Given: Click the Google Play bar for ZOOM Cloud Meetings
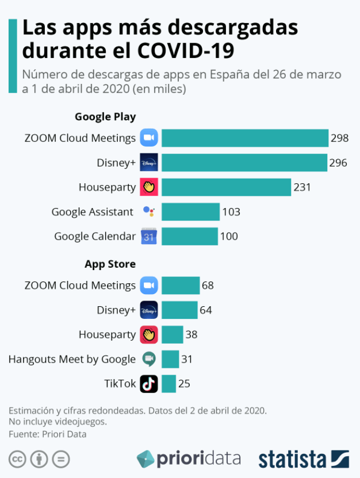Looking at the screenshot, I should (244, 138).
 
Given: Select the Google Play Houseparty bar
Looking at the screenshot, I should (226, 187).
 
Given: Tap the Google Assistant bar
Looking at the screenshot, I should (190, 212).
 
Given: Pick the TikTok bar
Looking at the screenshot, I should (168, 383).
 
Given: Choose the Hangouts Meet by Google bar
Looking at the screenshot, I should (170, 359).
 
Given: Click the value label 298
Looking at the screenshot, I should (339, 138).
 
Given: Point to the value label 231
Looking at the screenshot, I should (302, 187).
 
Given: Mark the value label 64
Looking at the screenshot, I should (206, 310).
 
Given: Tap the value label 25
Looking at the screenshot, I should (184, 383).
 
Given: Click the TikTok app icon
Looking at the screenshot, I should (149, 383).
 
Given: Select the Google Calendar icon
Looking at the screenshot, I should (149, 236).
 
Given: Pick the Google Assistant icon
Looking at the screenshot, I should (149, 212).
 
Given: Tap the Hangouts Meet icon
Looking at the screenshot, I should (149, 359).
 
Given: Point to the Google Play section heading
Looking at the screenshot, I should (105, 117).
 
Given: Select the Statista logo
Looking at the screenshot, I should (304, 459).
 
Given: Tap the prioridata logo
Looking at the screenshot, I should (189, 458).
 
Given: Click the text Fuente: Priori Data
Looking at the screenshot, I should (47, 434).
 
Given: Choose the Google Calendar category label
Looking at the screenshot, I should (95, 236).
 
